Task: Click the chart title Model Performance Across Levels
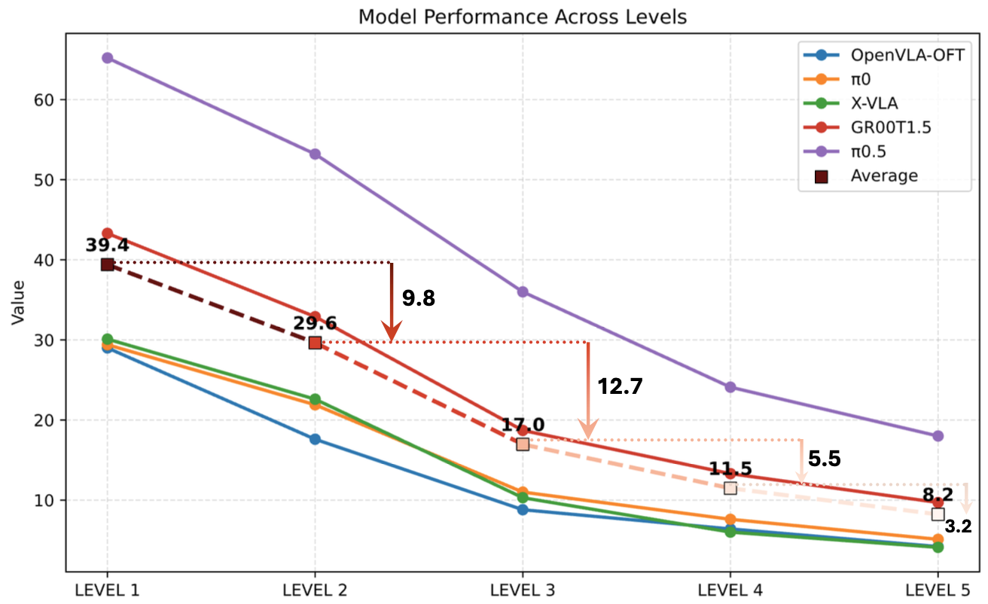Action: coord(522,17)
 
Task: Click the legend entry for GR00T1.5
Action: coord(891,127)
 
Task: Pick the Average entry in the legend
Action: coord(884,175)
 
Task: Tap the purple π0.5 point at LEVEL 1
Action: coord(107,58)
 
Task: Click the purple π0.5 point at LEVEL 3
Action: coord(523,291)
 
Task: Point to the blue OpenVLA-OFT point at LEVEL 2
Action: coord(315,439)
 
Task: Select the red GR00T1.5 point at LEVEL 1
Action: coord(107,233)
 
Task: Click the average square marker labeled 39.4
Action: coord(107,264)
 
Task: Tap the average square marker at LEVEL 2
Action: coord(315,343)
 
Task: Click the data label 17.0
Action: coord(523,425)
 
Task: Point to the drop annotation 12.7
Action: coord(621,386)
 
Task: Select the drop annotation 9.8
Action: coord(419,298)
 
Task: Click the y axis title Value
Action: coord(18,302)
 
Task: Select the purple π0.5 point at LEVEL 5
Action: coord(938,436)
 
